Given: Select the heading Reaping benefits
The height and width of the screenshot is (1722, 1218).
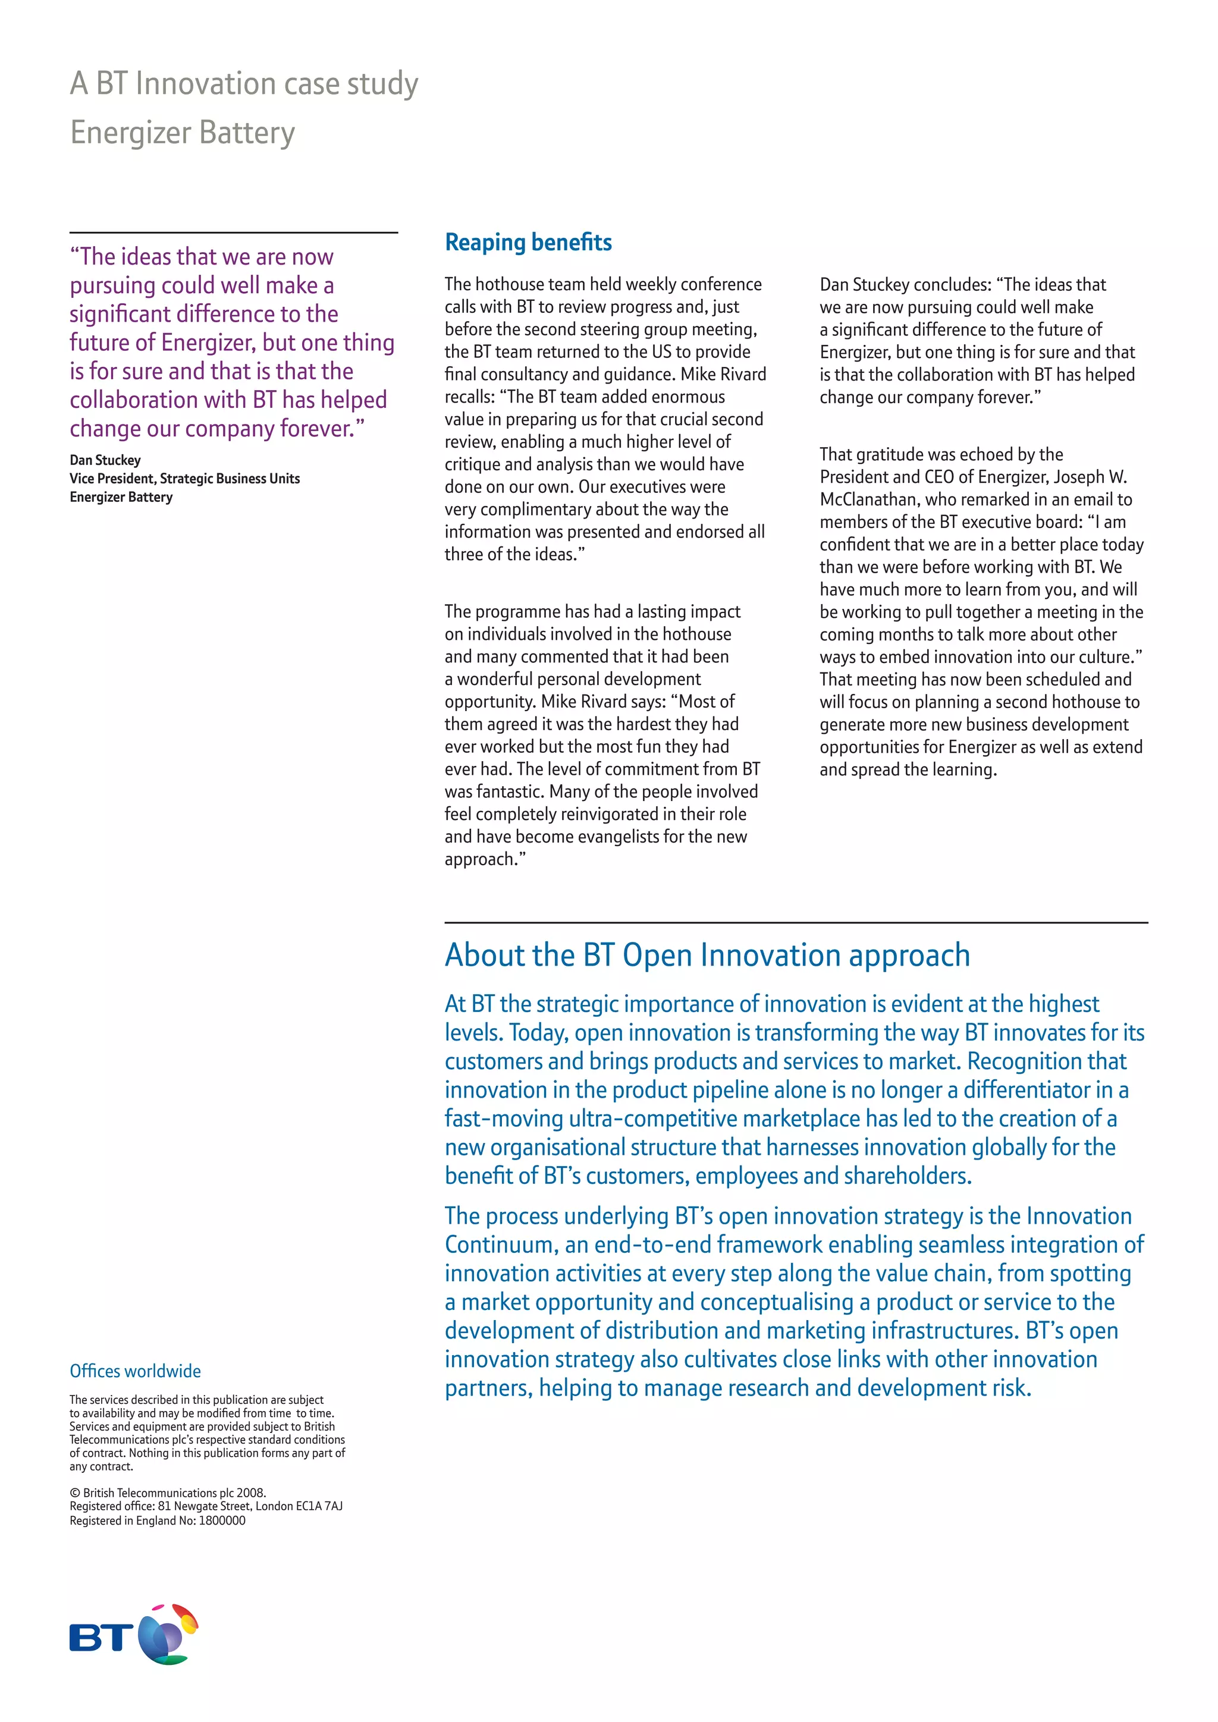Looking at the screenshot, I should coord(528,242).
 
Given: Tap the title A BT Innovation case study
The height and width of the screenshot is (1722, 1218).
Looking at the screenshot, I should coord(244,84).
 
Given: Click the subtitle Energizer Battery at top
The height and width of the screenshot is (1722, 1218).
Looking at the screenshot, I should coord(182,133).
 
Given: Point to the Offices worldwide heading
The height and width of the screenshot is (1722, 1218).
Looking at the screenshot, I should coord(135,1371).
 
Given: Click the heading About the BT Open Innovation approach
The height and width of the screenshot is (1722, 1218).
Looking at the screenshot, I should coord(707,956).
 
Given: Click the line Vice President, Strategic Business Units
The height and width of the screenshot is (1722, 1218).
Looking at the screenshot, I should coord(184,479).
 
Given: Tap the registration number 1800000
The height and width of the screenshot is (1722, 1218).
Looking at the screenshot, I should coord(222,1520).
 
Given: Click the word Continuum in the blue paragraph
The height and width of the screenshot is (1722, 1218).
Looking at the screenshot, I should coord(501,1245).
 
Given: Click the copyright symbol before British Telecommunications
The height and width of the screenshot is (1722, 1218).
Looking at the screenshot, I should coord(74,1492).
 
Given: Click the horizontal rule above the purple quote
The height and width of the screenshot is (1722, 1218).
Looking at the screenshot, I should coord(233,232).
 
